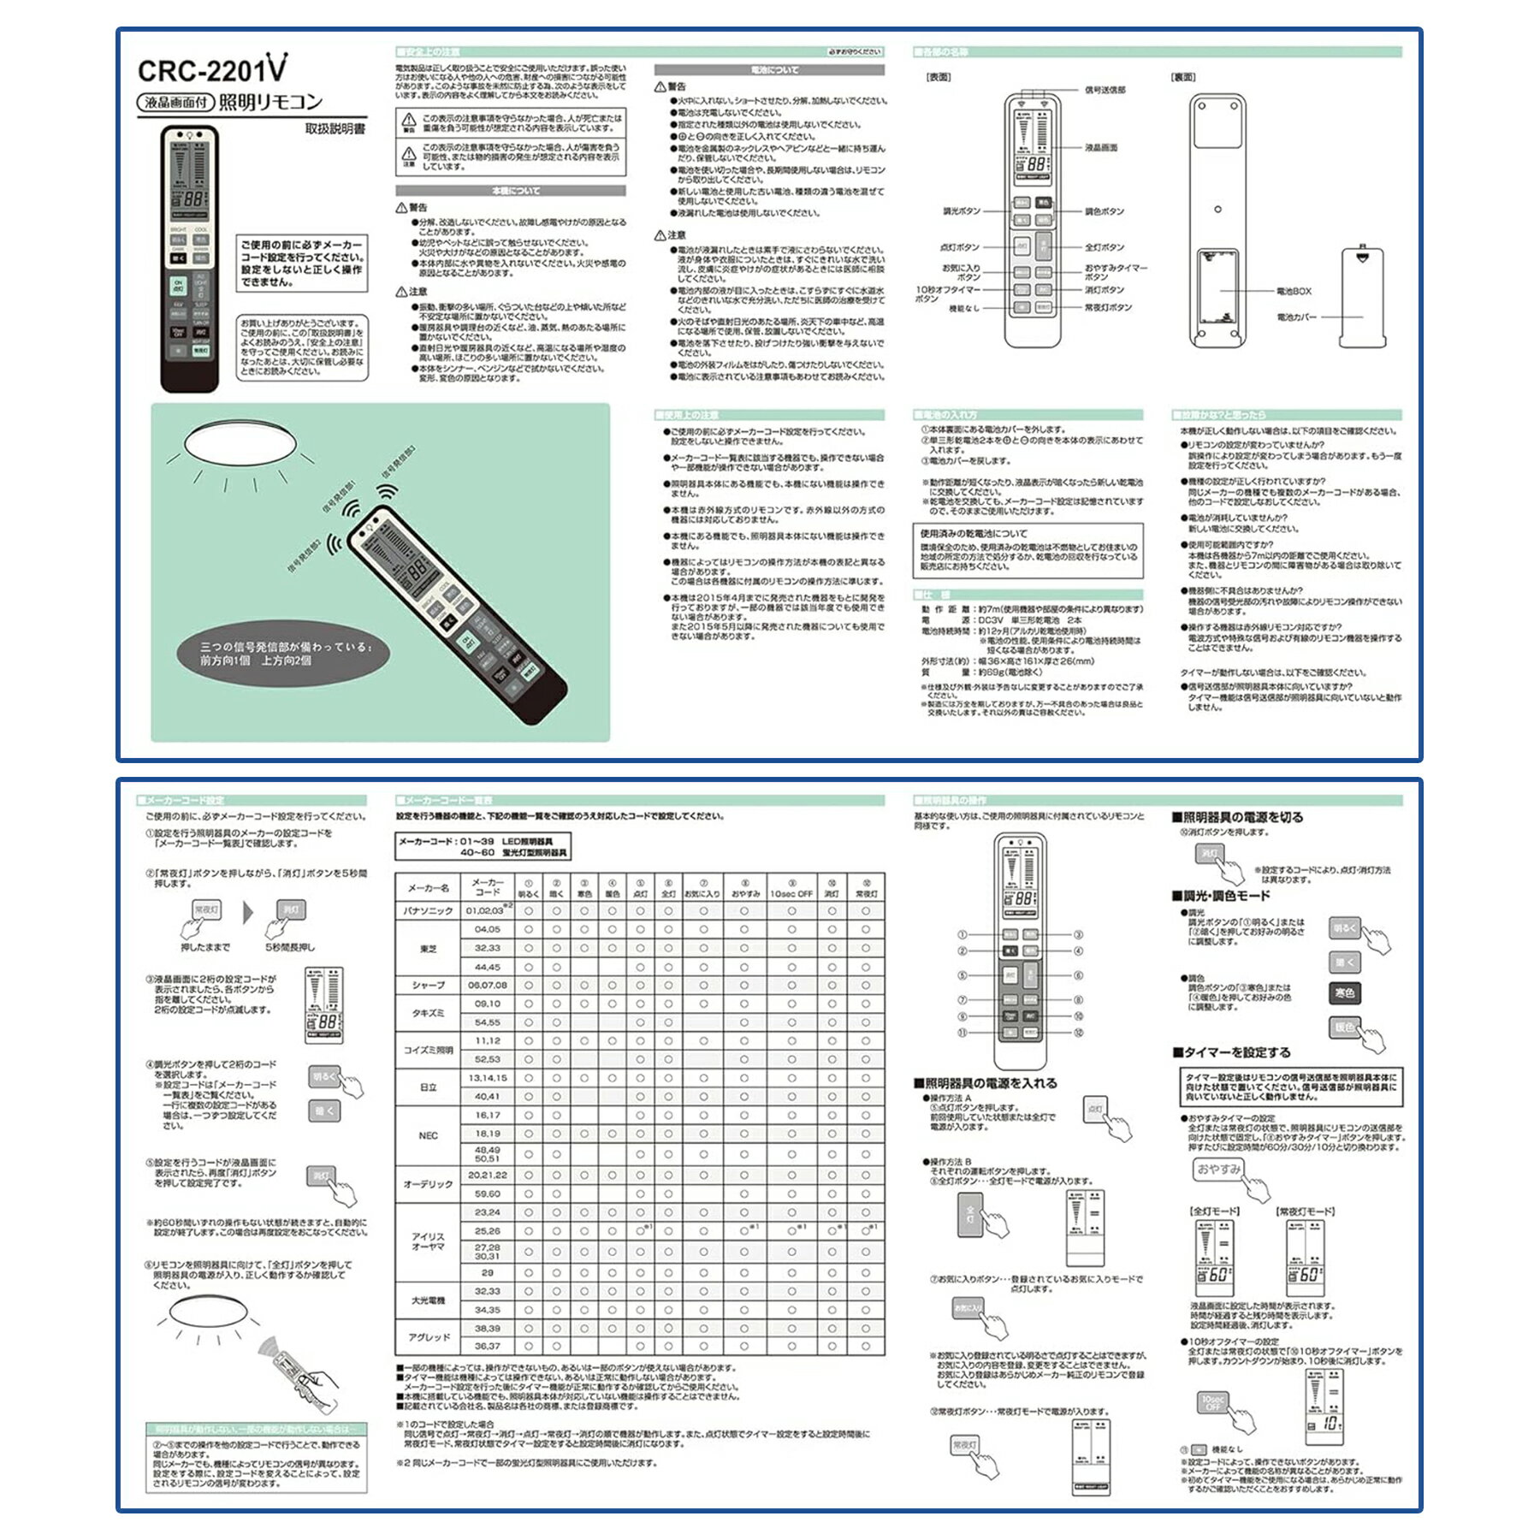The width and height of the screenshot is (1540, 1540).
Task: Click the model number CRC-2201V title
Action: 212,68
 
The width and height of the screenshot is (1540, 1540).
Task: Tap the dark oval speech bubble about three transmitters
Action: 283,654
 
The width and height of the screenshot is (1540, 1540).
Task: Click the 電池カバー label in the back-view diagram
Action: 1296,317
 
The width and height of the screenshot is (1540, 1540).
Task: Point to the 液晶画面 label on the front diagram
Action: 1101,148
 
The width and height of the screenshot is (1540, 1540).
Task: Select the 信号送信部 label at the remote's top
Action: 1105,90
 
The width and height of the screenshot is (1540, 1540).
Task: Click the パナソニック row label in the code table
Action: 428,911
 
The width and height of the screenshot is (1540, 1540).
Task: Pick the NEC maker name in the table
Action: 428,1135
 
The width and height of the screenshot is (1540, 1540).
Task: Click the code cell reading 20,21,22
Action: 487,1175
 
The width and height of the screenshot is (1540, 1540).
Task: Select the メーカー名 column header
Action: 428,888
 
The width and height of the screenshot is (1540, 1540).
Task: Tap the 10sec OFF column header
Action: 791,893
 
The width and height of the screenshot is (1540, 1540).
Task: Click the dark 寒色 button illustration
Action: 1345,992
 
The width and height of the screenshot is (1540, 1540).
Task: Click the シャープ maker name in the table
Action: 428,986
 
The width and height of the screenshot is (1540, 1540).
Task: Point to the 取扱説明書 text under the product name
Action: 335,129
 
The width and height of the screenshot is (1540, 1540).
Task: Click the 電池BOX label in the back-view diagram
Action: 1294,292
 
